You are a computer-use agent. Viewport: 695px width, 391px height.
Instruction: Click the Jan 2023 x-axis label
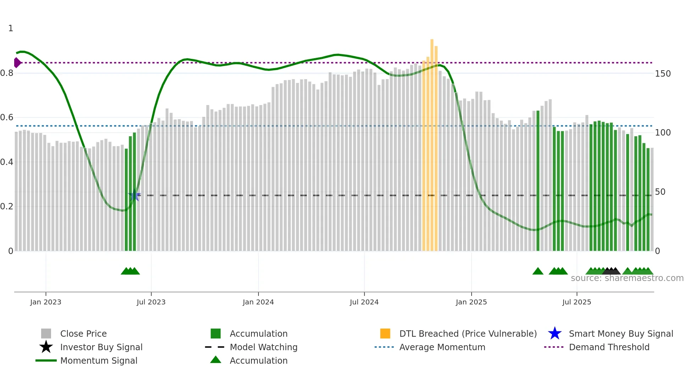[x=46, y=302]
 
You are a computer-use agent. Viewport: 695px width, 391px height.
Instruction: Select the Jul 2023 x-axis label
[x=151, y=302]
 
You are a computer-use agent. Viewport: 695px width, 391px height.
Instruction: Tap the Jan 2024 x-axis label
[x=258, y=302]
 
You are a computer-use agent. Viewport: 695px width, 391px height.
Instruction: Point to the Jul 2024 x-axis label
[x=364, y=302]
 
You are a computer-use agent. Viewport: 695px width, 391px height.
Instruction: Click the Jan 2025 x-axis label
[x=471, y=302]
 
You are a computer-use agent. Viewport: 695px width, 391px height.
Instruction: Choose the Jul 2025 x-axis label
[x=577, y=302]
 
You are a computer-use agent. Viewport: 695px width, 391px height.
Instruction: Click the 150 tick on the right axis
[x=663, y=74]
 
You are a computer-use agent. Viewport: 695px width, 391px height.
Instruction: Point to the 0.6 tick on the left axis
[x=7, y=117]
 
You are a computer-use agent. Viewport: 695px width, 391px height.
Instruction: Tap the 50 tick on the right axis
[x=660, y=192]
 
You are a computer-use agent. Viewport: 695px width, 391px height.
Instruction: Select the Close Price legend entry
[x=83, y=334]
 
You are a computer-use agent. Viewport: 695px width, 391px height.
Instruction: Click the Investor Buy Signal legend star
[x=46, y=347]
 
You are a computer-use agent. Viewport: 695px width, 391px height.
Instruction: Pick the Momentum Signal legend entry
[x=99, y=360]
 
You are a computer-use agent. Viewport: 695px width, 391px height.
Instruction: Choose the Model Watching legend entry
[x=263, y=347]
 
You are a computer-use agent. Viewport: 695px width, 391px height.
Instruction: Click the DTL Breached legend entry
[x=468, y=334]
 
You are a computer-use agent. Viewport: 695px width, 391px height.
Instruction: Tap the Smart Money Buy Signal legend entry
[x=621, y=334]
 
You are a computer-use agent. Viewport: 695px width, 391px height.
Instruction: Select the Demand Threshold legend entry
[x=609, y=347]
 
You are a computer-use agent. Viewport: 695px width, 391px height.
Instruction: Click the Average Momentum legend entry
[x=442, y=347]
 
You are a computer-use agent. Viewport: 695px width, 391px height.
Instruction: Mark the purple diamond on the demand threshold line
[x=17, y=63]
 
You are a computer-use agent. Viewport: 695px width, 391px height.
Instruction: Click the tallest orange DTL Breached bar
[x=432, y=142]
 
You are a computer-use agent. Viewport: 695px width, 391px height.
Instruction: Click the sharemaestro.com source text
[x=627, y=278]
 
